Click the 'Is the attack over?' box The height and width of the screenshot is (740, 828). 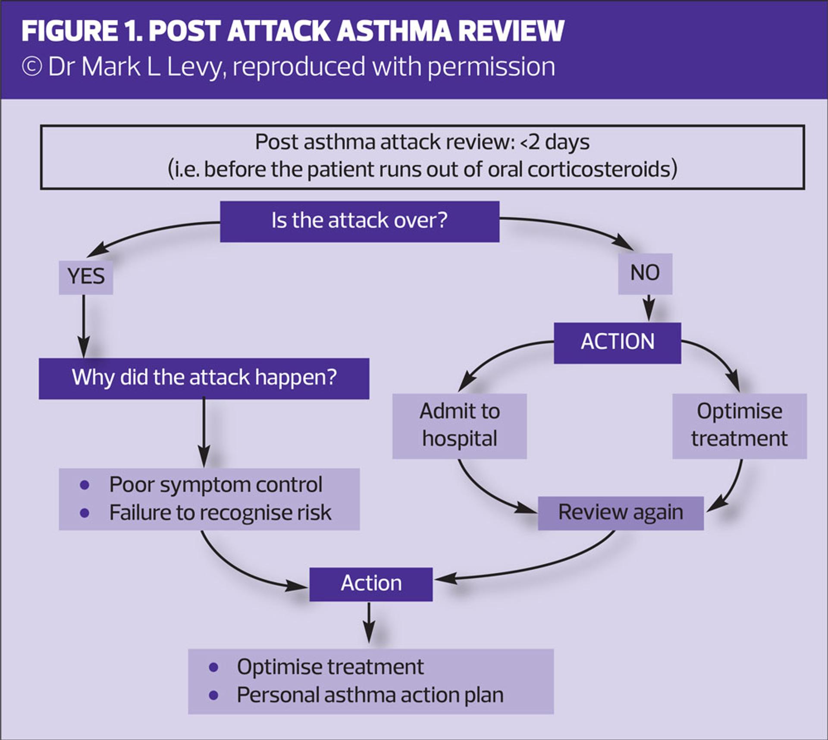tap(360, 221)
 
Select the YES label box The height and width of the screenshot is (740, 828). tap(86, 277)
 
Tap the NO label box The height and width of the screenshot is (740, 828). tap(645, 273)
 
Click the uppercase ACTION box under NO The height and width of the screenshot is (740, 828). tap(617, 342)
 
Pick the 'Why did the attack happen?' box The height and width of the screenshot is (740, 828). tap(204, 378)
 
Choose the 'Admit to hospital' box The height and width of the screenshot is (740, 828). tap(459, 426)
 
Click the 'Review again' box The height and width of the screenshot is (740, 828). tap(621, 513)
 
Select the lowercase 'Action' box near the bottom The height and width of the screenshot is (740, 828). tap(371, 584)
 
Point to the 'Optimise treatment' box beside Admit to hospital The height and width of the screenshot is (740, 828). tap(739, 426)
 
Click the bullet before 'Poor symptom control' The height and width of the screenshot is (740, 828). tap(85, 485)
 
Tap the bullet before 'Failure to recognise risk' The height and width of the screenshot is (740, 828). tap(85, 513)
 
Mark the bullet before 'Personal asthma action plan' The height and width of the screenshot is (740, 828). tap(213, 695)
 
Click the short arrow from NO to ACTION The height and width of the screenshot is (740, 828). tap(649, 308)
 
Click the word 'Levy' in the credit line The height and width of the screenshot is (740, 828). tap(197, 67)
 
